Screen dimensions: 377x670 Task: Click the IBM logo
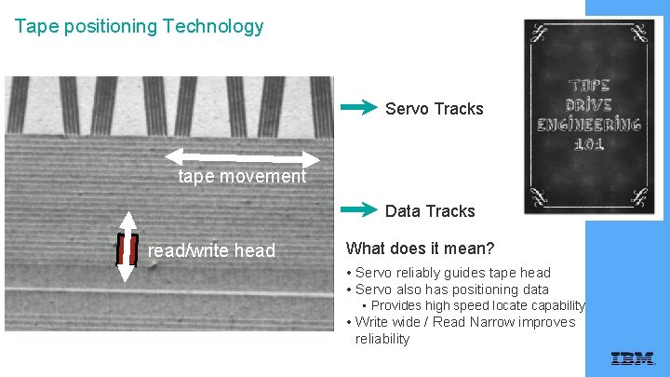click(x=632, y=358)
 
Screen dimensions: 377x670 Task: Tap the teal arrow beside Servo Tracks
click(x=359, y=108)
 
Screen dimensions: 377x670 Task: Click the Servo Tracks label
click(x=435, y=109)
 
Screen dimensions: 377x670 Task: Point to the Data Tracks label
click(x=430, y=211)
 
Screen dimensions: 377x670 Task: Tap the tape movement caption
click(x=242, y=176)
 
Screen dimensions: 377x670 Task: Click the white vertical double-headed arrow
click(x=127, y=246)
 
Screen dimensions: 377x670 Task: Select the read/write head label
click(x=211, y=250)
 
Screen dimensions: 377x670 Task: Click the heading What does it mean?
click(x=420, y=249)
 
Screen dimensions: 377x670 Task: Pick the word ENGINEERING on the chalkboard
click(x=589, y=125)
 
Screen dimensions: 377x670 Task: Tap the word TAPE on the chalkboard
click(x=589, y=85)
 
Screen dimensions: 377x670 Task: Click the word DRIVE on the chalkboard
click(x=589, y=104)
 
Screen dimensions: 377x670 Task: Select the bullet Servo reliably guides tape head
click(x=452, y=273)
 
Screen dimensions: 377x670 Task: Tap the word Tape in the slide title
click(x=34, y=26)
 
